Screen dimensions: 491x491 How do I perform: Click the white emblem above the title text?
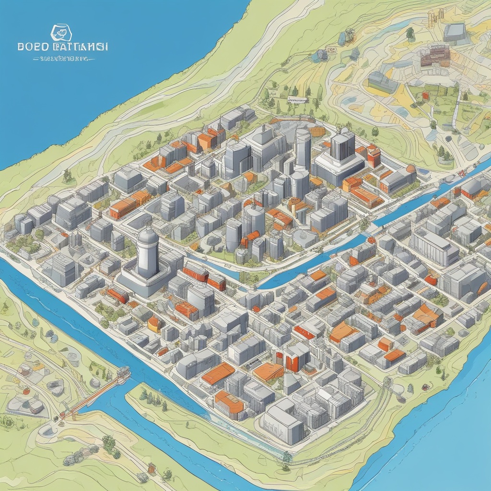point(61,33)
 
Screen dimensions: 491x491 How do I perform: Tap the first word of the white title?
point(33,47)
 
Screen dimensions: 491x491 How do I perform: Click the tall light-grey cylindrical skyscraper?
point(303,149)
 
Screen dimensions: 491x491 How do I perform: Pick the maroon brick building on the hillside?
point(435,55)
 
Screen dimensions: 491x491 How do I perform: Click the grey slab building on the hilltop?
point(454,32)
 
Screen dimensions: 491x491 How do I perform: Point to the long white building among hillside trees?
point(297,99)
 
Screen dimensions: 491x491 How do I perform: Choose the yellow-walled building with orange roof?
point(154,325)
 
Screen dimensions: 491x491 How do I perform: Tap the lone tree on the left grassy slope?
point(67,176)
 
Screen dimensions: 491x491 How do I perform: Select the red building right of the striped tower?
point(374,155)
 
